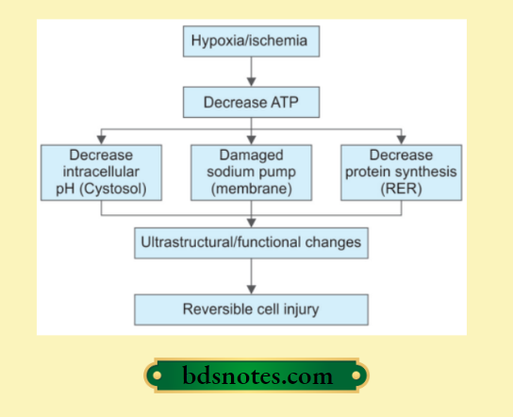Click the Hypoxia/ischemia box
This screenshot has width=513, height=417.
click(251, 42)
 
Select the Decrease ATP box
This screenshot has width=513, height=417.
click(251, 99)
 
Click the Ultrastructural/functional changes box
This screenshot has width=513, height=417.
click(251, 242)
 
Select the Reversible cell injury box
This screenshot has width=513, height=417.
click(251, 309)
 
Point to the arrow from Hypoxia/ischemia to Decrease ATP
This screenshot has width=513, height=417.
click(251, 72)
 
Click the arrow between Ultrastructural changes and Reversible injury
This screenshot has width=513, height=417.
click(251, 275)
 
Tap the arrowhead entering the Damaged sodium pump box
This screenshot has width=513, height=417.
click(251, 139)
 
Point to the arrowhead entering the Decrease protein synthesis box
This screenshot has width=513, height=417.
click(401, 139)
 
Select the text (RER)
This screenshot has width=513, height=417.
click(401, 189)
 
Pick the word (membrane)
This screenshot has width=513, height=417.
click(251, 189)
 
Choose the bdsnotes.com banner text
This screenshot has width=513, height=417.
click(256, 376)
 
